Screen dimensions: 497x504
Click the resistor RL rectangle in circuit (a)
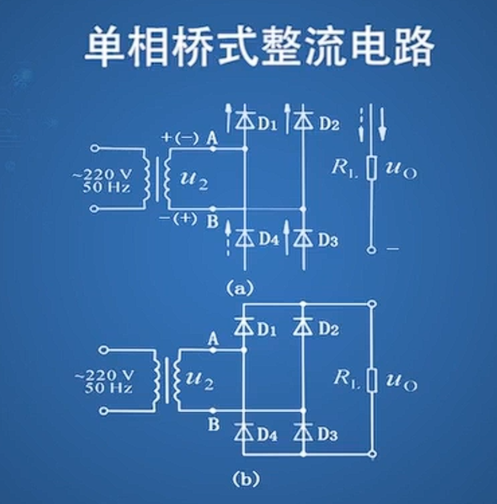click(372, 168)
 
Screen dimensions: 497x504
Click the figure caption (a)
click(240, 289)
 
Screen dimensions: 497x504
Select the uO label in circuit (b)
click(401, 381)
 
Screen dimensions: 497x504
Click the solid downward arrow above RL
click(382, 122)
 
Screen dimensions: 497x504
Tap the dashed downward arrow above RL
click(362, 124)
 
